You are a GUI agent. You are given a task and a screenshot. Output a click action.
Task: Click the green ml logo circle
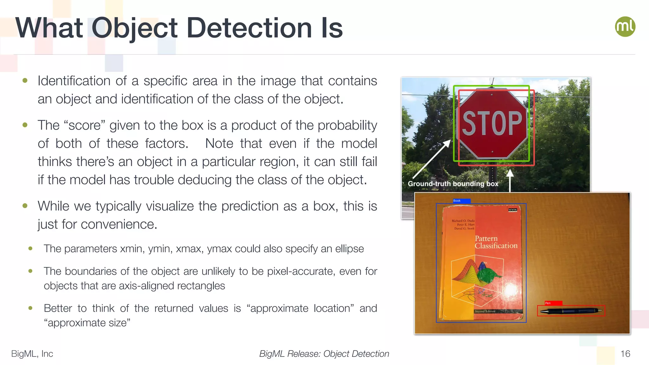(625, 27)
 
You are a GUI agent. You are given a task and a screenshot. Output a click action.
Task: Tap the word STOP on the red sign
(492, 123)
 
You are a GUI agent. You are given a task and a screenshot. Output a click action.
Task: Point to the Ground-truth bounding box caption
(453, 184)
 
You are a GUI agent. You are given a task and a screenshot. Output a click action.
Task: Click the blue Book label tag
(461, 201)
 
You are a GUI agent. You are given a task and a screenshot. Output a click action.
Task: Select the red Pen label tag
(553, 303)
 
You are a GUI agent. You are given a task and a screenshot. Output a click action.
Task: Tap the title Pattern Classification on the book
(496, 242)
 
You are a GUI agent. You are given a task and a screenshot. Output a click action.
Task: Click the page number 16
(625, 354)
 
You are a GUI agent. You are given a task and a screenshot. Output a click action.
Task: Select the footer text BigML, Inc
(32, 354)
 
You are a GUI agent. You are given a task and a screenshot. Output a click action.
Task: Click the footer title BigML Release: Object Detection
(324, 354)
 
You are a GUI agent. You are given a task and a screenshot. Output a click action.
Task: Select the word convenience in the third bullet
(119, 224)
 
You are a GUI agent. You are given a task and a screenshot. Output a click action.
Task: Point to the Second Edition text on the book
(485, 311)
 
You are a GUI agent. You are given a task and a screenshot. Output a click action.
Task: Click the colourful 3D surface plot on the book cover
(475, 272)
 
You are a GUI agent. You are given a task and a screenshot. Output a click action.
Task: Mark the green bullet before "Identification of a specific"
(25, 81)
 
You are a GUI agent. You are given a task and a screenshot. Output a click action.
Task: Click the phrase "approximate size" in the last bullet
(87, 323)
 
